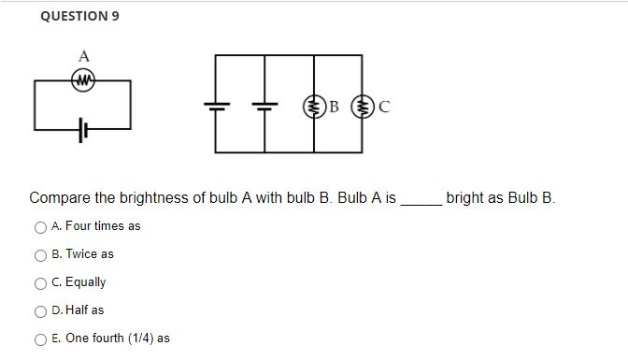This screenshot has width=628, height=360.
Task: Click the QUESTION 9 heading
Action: click(x=79, y=16)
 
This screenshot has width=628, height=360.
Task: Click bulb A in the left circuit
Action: click(x=84, y=80)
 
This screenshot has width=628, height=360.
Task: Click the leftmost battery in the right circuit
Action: click(x=216, y=106)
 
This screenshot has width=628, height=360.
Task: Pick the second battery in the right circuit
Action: click(x=265, y=106)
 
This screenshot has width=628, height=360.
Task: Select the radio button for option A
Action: click(x=40, y=226)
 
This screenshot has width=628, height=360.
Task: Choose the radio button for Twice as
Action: click(x=40, y=254)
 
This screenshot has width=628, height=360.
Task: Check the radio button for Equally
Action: click(x=40, y=282)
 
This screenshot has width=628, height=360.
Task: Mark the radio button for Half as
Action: click(x=40, y=310)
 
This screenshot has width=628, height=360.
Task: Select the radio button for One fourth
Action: click(x=40, y=338)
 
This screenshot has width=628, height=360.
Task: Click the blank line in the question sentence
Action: click(x=421, y=200)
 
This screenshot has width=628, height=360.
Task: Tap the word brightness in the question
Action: click(x=153, y=198)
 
